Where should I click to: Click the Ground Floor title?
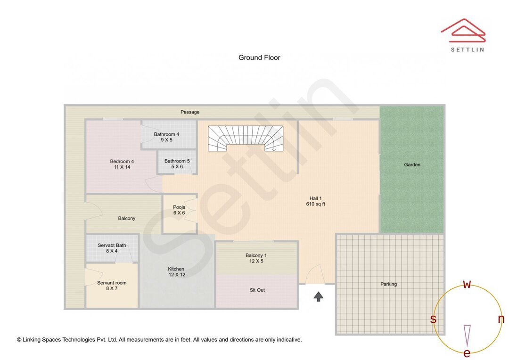(x=259, y=57)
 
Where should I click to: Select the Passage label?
(x=190, y=112)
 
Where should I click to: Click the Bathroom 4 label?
(x=166, y=137)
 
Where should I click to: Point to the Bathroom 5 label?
(x=177, y=164)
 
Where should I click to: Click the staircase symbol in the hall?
(x=246, y=138)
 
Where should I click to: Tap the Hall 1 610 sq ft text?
(x=317, y=201)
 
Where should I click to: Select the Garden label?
(x=412, y=165)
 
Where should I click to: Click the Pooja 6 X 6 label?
(x=179, y=210)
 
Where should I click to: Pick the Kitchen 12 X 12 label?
(x=176, y=272)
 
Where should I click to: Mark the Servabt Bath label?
(x=112, y=248)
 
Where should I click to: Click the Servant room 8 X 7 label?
(x=112, y=286)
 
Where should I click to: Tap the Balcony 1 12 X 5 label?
(x=256, y=258)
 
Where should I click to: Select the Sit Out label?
(x=257, y=290)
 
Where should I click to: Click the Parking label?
(x=389, y=284)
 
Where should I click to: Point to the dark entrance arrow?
(x=319, y=296)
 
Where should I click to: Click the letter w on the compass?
(x=467, y=284)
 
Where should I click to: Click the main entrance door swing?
(x=314, y=275)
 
